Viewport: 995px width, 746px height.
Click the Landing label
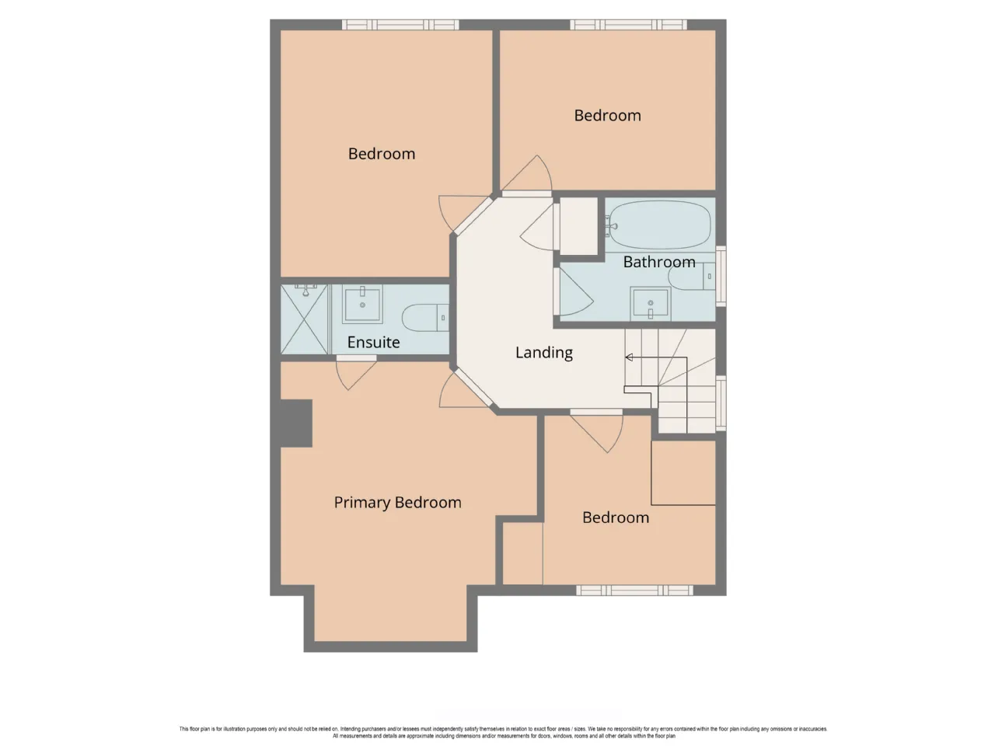543,352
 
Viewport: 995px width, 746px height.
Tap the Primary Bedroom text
397,502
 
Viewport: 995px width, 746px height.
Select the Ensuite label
373,342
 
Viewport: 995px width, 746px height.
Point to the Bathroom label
658,262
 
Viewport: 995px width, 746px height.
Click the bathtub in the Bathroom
659,225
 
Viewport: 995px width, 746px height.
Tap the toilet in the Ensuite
425,317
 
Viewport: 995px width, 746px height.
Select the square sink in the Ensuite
362,304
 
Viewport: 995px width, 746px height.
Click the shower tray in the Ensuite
304,319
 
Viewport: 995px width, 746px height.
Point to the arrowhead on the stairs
629,357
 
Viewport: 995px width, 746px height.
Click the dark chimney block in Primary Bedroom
296,424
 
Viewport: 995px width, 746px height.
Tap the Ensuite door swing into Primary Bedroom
356,373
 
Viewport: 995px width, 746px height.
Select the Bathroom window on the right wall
721,276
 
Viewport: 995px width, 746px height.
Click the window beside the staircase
721,403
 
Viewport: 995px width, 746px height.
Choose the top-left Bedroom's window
400,24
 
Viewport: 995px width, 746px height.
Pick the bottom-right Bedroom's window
634,590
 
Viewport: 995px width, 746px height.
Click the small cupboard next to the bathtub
579,225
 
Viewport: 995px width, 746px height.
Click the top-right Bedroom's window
628,24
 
